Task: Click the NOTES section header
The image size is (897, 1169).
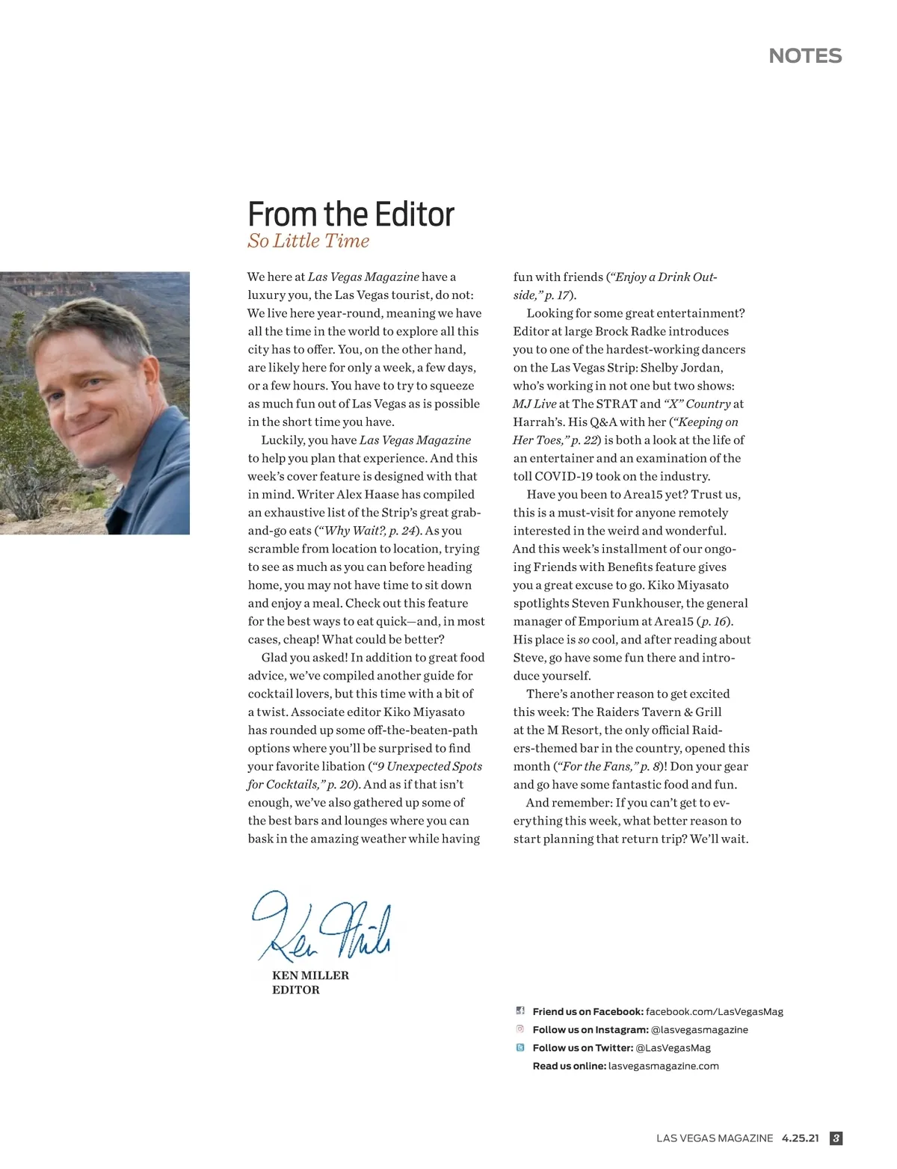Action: pos(805,56)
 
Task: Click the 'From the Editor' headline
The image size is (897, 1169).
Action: pos(351,214)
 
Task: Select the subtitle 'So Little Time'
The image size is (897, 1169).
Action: pos(308,241)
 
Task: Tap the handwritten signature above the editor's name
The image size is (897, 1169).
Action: pos(321,928)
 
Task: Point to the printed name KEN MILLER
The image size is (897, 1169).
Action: pos(310,975)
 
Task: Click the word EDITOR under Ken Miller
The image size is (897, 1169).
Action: pos(295,990)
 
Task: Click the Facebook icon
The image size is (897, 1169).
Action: pos(520,1011)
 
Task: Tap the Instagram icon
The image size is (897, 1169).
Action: pos(520,1029)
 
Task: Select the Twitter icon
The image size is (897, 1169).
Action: pos(520,1048)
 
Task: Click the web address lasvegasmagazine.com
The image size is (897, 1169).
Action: pos(663,1066)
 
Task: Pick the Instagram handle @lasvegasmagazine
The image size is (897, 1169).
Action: pos(699,1030)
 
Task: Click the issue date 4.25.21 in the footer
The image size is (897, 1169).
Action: pos(800,1138)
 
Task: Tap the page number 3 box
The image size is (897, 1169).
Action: pos(836,1138)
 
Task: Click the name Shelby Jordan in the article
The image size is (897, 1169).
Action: pos(682,368)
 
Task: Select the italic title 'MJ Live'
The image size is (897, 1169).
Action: pos(534,404)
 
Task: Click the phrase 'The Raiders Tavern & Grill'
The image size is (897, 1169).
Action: pos(647,712)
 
